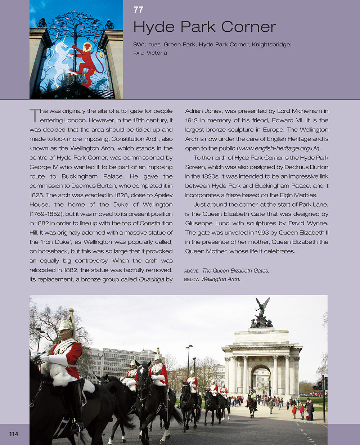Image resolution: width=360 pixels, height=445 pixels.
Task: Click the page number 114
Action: click(x=14, y=434)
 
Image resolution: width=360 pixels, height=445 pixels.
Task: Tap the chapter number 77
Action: click(x=138, y=10)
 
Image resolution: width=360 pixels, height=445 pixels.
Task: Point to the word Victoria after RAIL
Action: click(x=157, y=53)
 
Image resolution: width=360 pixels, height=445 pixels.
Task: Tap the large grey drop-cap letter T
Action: click(x=34, y=115)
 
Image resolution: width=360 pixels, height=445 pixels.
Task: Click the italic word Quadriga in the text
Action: click(x=152, y=279)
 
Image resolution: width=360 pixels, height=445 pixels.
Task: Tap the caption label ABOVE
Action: click(x=191, y=271)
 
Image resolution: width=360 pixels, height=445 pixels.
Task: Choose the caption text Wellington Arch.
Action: click(x=220, y=279)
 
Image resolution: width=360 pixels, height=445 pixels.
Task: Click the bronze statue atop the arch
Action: click(x=262, y=313)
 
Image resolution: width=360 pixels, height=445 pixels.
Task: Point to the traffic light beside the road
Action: click(x=319, y=386)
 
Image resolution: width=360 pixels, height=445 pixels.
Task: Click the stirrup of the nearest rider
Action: click(x=75, y=428)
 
